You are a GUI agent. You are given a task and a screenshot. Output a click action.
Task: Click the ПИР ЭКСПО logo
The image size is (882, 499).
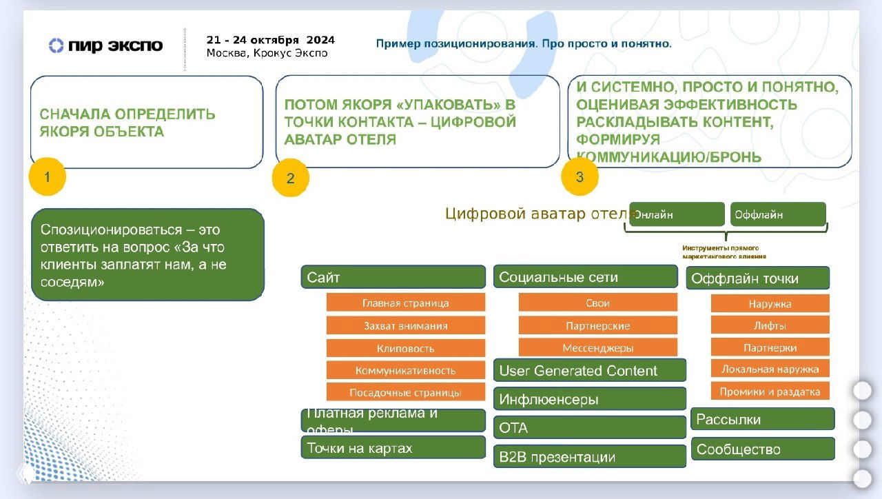(105, 46)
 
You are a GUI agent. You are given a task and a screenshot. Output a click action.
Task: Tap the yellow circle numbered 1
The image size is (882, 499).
(47, 177)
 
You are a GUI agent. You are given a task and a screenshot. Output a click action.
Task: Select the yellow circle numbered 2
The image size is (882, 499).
(291, 179)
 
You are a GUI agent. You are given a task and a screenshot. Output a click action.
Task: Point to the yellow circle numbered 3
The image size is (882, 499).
(580, 177)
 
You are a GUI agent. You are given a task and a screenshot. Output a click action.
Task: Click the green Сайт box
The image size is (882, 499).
(393, 277)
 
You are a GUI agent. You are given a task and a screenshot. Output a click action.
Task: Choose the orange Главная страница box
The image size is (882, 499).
(405, 303)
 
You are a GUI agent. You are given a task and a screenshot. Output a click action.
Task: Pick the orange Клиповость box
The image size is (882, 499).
(405, 348)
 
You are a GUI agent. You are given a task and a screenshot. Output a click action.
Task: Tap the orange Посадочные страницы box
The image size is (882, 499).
(405, 392)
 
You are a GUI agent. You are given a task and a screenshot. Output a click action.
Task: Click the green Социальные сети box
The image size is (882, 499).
(585, 277)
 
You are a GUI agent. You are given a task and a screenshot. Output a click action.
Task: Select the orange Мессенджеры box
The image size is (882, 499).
(597, 347)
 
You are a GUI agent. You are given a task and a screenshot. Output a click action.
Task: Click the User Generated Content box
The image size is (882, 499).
(590, 371)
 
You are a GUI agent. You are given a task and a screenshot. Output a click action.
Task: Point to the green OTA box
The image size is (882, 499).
(590, 427)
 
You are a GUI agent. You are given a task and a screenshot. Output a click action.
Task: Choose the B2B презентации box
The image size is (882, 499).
(590, 456)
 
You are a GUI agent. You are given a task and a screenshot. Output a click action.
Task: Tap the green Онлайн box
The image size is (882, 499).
(677, 214)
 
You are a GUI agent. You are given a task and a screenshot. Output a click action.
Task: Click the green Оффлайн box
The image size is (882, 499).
(778, 214)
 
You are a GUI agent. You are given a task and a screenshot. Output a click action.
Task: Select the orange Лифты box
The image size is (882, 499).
(770, 325)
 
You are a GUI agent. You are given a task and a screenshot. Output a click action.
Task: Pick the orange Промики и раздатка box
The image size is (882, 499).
(770, 391)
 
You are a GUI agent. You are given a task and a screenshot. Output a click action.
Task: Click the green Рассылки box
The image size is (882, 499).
(762, 419)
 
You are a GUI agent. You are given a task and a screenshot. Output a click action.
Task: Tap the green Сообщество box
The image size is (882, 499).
(762, 449)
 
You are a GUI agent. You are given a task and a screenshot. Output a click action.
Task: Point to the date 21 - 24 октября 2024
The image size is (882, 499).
(269, 40)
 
